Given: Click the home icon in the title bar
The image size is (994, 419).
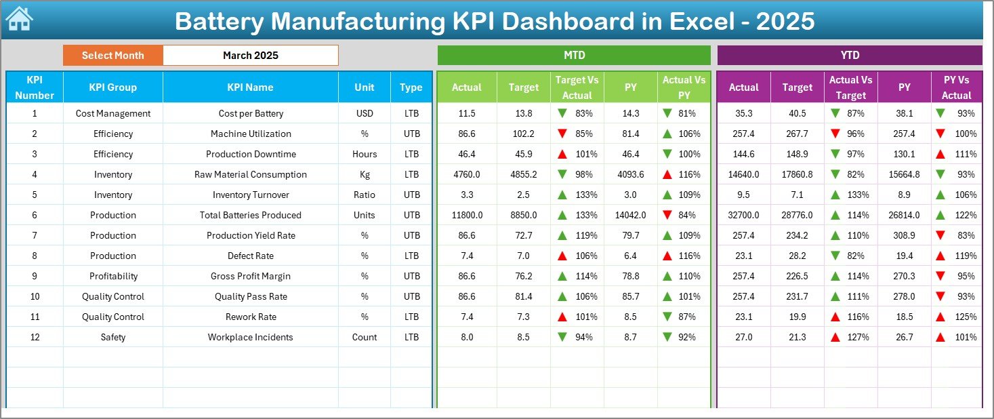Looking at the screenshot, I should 19,20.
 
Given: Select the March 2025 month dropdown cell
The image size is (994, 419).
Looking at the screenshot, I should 250,56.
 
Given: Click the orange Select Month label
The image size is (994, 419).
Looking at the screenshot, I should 112,56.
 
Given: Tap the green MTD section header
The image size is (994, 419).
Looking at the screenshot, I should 574,56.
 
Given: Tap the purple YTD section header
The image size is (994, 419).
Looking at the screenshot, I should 849,56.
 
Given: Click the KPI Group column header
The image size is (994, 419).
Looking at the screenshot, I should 112,87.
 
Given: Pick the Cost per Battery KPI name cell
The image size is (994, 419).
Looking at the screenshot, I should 251,113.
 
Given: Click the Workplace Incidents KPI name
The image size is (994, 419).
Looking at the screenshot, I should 251,337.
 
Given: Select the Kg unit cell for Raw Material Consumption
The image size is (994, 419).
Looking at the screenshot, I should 365,174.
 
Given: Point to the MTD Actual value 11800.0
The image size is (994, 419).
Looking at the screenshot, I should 467,215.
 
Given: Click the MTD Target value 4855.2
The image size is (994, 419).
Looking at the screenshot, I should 523,174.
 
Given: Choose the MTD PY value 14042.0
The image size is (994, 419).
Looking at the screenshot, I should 631,215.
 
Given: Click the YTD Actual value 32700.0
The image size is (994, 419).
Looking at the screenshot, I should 743,215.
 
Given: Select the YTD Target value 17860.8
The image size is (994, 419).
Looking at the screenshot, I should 797,174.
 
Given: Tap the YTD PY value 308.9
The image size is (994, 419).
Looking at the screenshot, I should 904,235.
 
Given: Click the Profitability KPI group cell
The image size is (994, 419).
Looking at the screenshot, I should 112,276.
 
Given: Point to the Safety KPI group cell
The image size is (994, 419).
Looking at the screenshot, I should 112,337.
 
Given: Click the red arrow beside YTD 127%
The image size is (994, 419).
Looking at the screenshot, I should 835,337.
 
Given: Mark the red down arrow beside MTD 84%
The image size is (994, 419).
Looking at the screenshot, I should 667,215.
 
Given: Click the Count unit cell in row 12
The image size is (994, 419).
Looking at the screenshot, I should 365,337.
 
